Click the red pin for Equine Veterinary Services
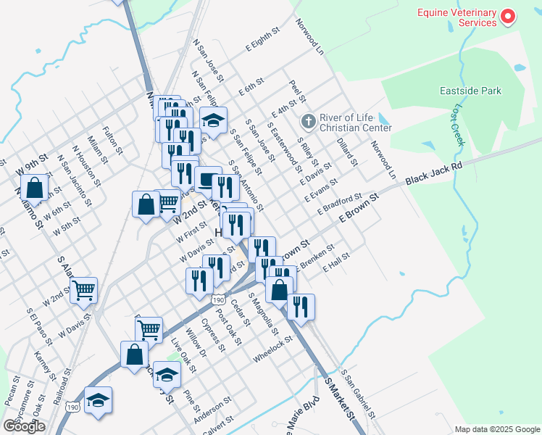pos(508,16)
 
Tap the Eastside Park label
pos(470,91)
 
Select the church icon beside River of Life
pos(308,120)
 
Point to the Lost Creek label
pos(456,123)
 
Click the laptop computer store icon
pos(208,179)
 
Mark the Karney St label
pos(45,366)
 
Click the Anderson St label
pos(217,405)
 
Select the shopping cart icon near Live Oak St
pos(149,329)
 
